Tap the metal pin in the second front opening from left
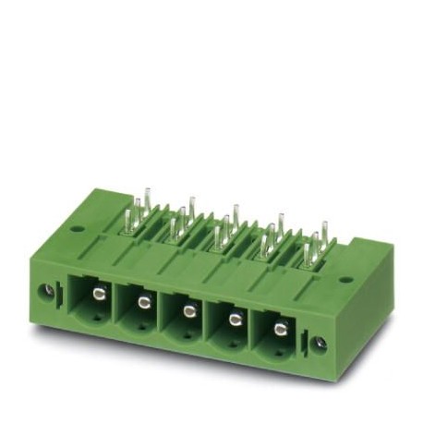click(x=143, y=302)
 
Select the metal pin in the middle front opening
click(x=188, y=310)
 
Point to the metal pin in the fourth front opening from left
click(x=234, y=319)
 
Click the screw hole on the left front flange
click(x=43, y=291)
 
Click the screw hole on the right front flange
click(x=319, y=344)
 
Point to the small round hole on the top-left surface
click(x=77, y=228)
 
